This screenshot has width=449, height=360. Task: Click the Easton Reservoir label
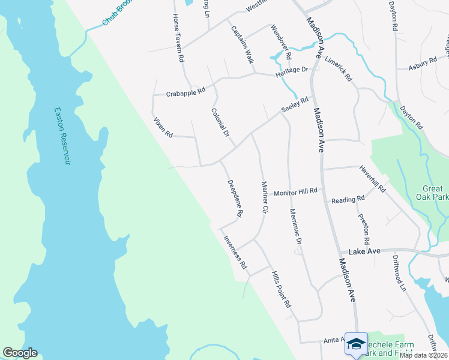tap(62, 137)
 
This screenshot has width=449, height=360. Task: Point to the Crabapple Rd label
tap(185, 92)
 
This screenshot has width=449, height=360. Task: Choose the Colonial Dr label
tap(220, 122)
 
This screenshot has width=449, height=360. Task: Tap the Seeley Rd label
tap(295, 107)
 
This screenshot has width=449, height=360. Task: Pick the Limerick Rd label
tap(338, 70)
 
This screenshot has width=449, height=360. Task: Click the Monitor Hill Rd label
tap(295, 192)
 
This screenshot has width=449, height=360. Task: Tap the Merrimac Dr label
tap(294, 226)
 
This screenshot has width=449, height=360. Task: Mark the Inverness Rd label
tap(235, 251)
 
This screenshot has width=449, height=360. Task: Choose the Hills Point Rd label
tap(280, 289)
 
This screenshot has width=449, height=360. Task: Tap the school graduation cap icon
tap(356, 344)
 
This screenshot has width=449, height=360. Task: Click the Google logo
tap(20, 353)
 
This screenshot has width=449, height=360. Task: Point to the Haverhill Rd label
tap(373, 179)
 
